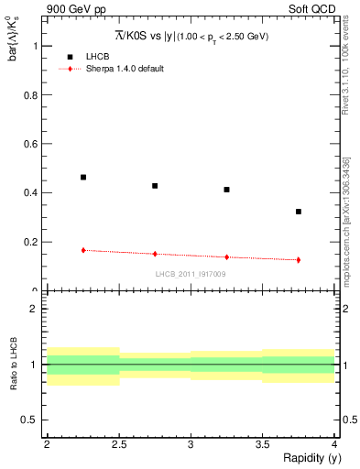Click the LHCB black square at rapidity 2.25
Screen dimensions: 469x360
tap(83, 177)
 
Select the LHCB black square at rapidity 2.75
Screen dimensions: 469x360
tap(155, 186)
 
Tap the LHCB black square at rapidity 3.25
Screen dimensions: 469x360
tap(226, 190)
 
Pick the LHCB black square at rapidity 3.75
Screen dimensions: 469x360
tap(299, 212)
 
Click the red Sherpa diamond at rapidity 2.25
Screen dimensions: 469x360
tap(83, 250)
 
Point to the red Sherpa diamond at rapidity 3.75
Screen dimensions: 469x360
tap(299, 260)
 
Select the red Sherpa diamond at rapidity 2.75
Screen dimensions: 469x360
tap(155, 254)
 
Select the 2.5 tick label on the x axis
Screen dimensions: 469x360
tap(119, 443)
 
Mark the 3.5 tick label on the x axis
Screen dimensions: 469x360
tap(262, 443)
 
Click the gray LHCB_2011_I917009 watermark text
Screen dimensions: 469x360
tap(191, 273)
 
